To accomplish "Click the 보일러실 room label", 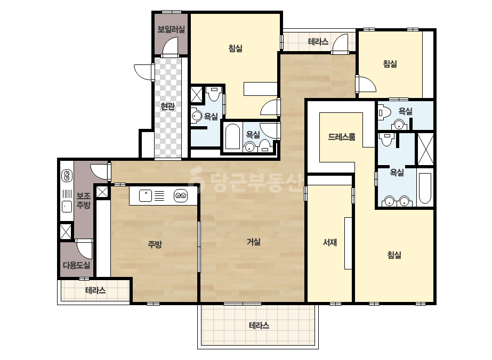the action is [171, 29].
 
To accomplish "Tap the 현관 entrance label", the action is [167, 107].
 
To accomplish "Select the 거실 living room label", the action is [254, 242].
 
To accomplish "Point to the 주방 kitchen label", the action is [155, 244].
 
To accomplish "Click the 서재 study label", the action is [330, 242].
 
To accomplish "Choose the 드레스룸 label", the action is [342, 137].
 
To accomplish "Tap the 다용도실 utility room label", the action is [77, 265].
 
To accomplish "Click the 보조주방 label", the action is [84, 200].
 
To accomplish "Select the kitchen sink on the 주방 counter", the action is [146, 195].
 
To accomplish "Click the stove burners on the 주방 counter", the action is [181, 195].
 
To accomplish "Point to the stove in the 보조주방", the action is [67, 176].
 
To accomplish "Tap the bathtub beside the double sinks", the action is [425, 188].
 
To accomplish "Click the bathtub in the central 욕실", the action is [232, 137].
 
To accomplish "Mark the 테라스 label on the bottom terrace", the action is [259, 325].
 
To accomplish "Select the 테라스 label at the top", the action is [318, 42].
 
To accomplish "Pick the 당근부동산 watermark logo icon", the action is [196, 179].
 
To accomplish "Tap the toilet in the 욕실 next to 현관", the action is [214, 94].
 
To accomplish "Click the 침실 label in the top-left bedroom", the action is [235, 48].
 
